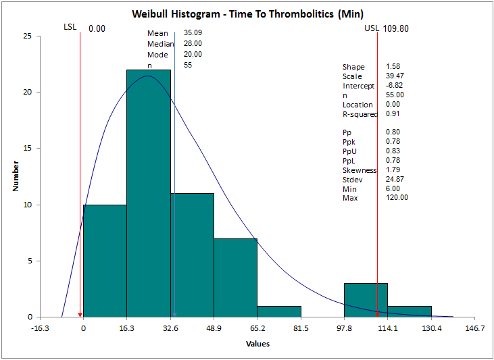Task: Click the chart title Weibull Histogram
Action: (x=246, y=16)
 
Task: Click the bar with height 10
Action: (x=105, y=260)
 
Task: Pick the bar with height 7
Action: (x=236, y=277)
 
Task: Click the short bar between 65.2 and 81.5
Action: (x=279, y=311)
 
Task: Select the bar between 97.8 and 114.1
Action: (x=366, y=300)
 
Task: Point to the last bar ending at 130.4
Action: (x=410, y=311)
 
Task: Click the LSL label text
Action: (x=70, y=27)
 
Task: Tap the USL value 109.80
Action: (x=395, y=28)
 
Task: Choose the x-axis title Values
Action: (x=257, y=344)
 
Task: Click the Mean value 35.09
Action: (x=193, y=33)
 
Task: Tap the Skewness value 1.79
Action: (x=393, y=170)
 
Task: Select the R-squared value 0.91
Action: (x=393, y=114)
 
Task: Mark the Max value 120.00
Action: (x=397, y=198)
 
